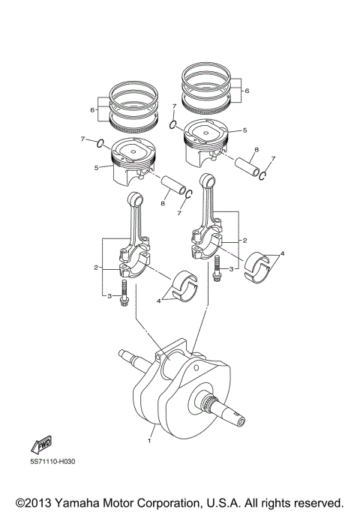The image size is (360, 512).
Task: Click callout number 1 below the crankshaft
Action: point(149,442)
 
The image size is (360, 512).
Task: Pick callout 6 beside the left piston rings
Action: point(92,109)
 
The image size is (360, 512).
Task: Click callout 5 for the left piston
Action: point(97,167)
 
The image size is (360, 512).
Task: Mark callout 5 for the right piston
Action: point(244,130)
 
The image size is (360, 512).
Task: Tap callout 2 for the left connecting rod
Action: point(96,267)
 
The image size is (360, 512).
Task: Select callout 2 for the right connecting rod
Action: point(244,241)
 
